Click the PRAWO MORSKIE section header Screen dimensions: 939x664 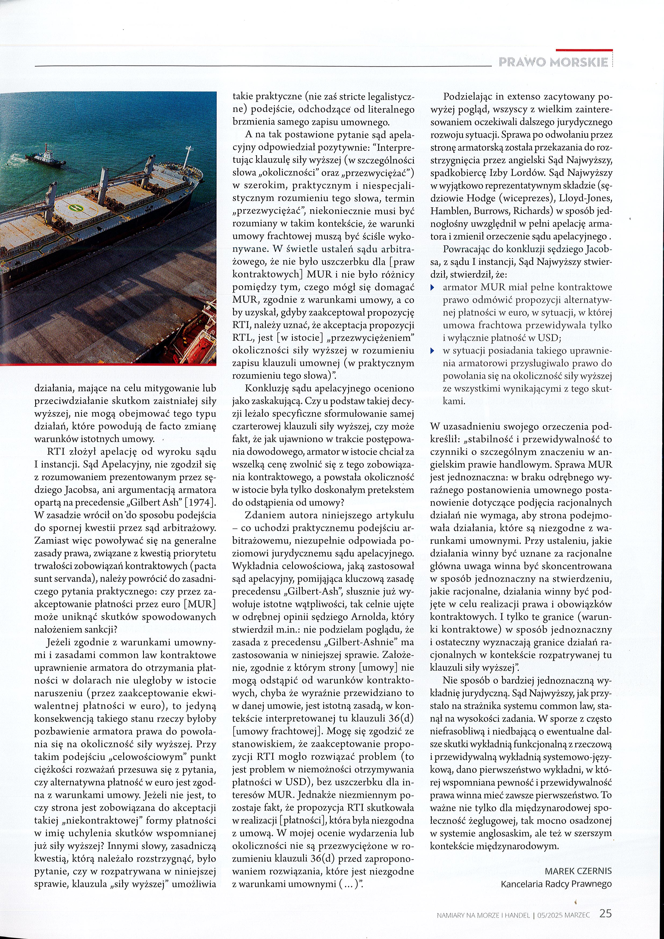pyautogui.click(x=553, y=62)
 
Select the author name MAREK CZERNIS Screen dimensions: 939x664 pyautogui.click(x=578, y=871)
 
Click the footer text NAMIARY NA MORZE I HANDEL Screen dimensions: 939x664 pyautogui.click(x=483, y=915)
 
